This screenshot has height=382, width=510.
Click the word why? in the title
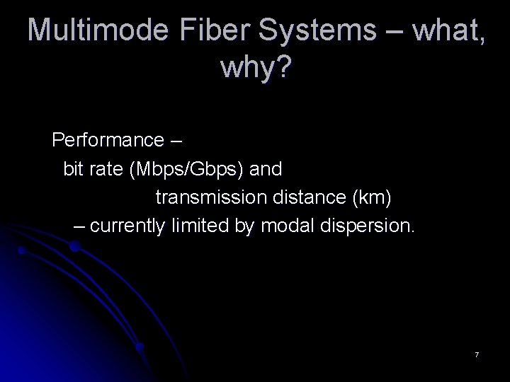point(256,69)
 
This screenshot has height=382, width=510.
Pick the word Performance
point(108,140)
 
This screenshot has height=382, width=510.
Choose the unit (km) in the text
point(373,198)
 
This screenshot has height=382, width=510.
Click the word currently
point(127,226)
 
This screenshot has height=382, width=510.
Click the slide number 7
point(477,354)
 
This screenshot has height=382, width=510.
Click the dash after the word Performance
point(176,141)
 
